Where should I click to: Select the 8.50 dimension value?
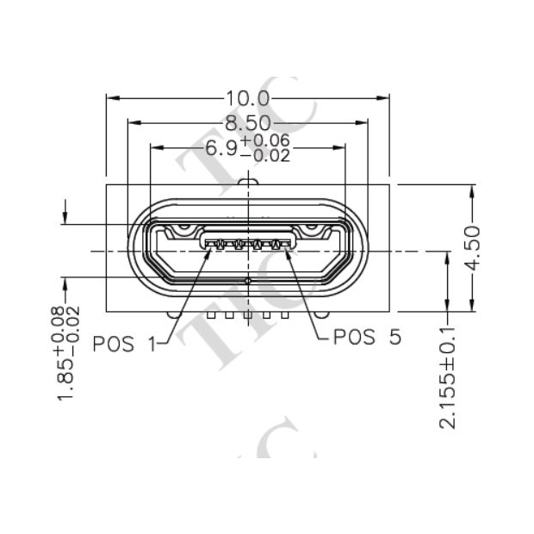(247, 122)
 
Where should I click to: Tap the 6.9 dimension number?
(221, 148)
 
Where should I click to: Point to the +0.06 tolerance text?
(265, 140)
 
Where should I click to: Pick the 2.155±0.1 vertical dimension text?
(448, 377)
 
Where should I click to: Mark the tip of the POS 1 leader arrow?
(209, 248)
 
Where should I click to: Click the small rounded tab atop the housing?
(248, 180)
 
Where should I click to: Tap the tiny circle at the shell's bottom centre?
(248, 281)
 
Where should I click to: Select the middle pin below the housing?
(248, 314)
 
